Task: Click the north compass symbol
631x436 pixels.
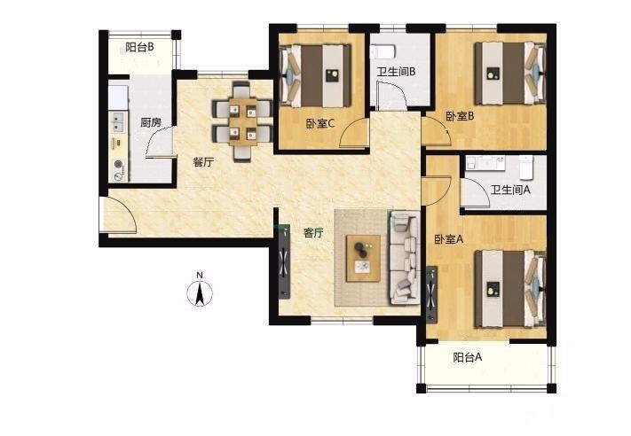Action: tap(200, 290)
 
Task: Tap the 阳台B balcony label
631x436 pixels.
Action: tap(139, 48)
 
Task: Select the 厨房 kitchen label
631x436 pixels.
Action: tap(151, 122)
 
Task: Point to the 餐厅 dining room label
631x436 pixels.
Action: tap(203, 163)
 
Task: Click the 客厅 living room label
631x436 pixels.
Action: tap(313, 233)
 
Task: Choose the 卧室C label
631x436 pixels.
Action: tap(320, 124)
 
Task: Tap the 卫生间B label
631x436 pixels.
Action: tap(396, 72)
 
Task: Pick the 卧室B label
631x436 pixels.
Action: tap(460, 116)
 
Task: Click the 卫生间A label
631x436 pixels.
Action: tap(510, 190)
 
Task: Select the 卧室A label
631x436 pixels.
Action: tap(449, 239)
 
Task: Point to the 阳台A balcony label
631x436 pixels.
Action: tap(468, 357)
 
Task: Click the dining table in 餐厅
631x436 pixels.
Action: tap(243, 121)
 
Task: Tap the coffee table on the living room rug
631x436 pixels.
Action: tap(363, 259)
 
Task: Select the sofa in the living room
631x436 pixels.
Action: tap(404, 258)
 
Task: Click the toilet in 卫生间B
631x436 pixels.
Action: tap(383, 51)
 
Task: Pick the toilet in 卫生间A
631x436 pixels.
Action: tap(526, 167)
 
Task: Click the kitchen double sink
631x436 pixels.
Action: tap(118, 122)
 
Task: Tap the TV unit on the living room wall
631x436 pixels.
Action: tap(285, 261)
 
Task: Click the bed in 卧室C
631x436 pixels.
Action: tap(315, 75)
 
